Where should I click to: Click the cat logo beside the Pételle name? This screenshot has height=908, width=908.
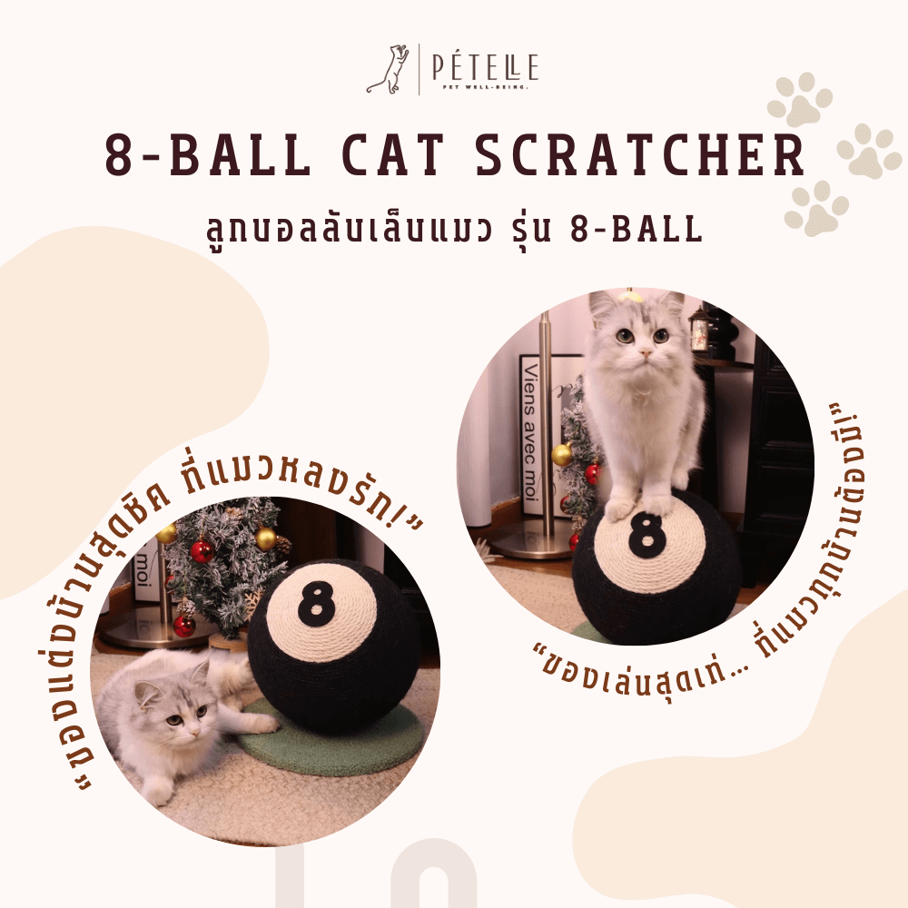click(x=389, y=70)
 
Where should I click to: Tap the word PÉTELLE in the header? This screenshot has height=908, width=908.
click(x=482, y=66)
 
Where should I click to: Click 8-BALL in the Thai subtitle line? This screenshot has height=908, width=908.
click(x=641, y=229)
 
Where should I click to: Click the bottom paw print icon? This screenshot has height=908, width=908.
click(x=816, y=208)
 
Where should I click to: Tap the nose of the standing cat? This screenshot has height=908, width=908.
click(x=643, y=348)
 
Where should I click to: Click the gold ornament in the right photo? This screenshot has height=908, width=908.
click(x=562, y=455)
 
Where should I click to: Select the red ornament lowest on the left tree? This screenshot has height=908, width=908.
click(x=184, y=626)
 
